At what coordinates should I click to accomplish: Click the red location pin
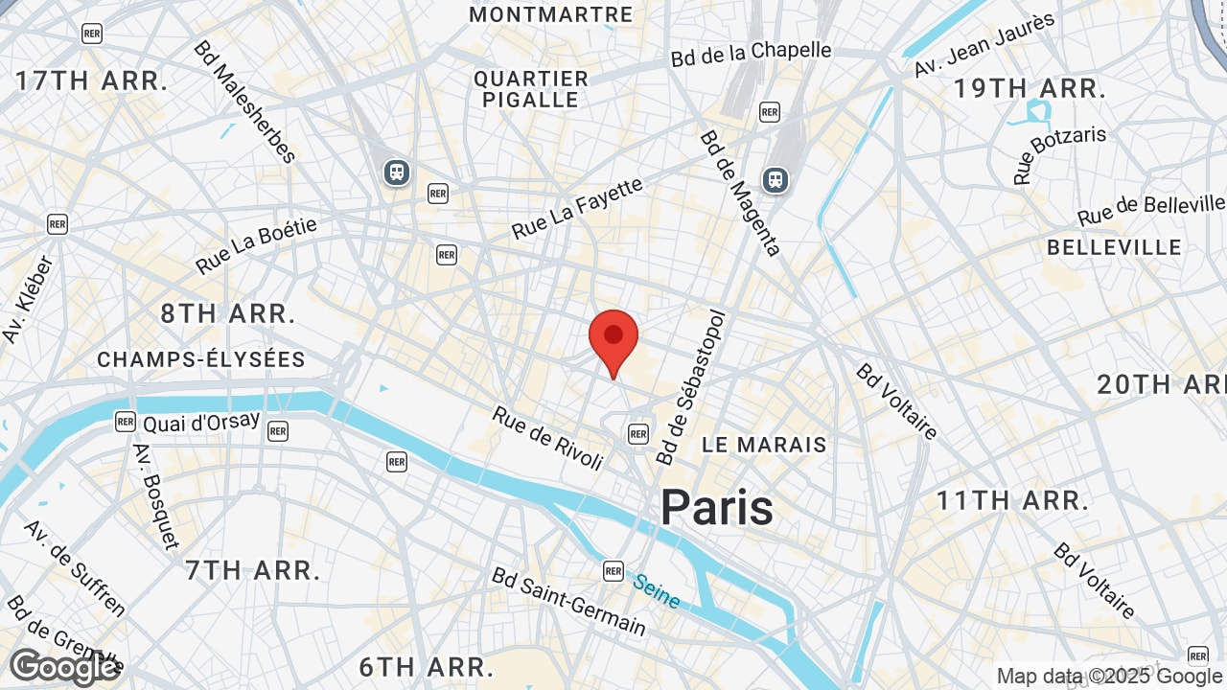point(613,341)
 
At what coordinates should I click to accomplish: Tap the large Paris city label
point(716,507)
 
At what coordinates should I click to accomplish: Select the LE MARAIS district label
point(764,445)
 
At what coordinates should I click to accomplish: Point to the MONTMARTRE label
point(551,14)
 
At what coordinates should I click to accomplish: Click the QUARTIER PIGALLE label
point(531,89)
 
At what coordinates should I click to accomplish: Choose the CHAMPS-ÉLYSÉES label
point(201,359)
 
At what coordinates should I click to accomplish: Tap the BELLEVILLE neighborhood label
point(1114,247)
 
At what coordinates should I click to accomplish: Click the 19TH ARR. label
point(1030,89)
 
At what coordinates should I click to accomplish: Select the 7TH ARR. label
point(253,570)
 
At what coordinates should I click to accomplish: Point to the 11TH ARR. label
point(1013,499)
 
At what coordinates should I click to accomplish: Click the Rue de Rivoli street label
point(548,438)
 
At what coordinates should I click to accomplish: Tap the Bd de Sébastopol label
point(690,386)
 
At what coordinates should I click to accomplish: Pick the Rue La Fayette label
point(577,209)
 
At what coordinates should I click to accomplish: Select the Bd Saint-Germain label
point(568,601)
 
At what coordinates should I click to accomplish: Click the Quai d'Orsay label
point(200,422)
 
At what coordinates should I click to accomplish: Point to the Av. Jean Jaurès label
point(984,44)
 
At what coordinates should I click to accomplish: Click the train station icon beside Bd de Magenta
point(775,179)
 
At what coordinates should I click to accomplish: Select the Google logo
point(63,667)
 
